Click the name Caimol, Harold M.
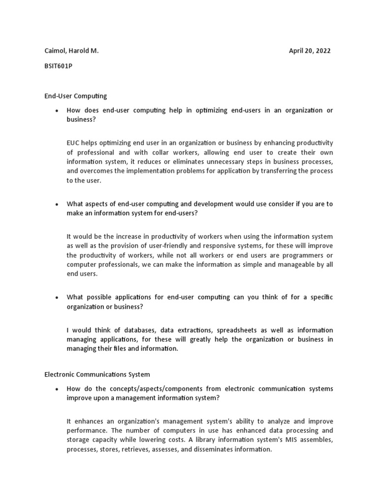click(x=71, y=51)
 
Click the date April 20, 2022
click(x=310, y=51)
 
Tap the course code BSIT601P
click(x=58, y=66)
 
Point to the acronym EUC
click(x=74, y=143)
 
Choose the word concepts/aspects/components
click(x=159, y=389)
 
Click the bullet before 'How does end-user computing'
click(x=57, y=111)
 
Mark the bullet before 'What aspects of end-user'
click(x=57, y=204)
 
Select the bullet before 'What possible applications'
click(x=57, y=297)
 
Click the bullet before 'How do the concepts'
click(x=57, y=389)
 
